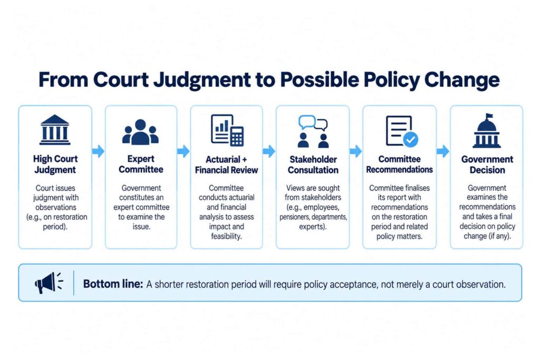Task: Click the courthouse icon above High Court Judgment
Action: (x=55, y=130)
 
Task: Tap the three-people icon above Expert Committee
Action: (x=140, y=132)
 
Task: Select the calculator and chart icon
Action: (x=227, y=130)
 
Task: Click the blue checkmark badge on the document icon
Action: (x=410, y=139)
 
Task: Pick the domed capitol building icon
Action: (x=487, y=131)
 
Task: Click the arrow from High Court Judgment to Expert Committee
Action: (x=99, y=151)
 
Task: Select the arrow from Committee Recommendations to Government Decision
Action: (x=443, y=151)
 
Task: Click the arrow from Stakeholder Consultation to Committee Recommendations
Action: (x=356, y=151)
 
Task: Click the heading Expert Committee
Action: (x=141, y=164)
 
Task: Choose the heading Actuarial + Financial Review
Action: (x=226, y=164)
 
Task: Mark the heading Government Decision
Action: (x=487, y=164)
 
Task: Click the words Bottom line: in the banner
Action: (x=113, y=284)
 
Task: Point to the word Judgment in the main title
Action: (x=202, y=80)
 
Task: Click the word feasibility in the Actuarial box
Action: (x=226, y=236)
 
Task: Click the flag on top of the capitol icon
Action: (x=489, y=116)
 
